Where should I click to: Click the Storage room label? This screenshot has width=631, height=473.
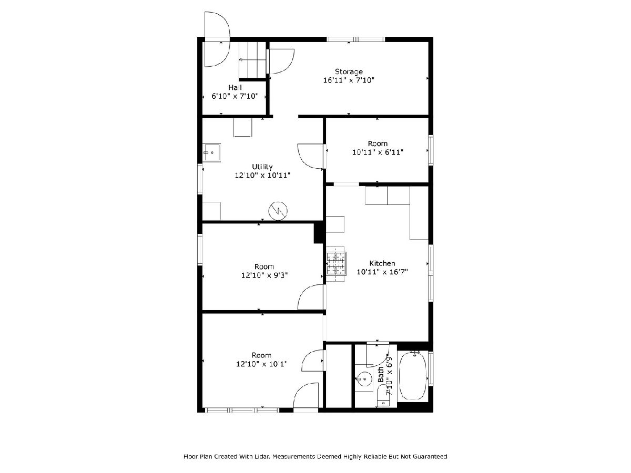(x=349, y=71)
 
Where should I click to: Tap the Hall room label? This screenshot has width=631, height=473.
(x=235, y=87)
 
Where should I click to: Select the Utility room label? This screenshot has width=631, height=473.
(x=262, y=167)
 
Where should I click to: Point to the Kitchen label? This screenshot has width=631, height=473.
(x=382, y=263)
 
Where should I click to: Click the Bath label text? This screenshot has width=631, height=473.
(x=381, y=374)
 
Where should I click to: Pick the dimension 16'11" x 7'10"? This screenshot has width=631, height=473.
(x=349, y=80)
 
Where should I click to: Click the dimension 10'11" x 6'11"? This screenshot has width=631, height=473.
(x=378, y=152)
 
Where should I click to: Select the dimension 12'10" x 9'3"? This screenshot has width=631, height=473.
(x=264, y=275)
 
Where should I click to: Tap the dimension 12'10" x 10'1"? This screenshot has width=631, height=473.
(x=261, y=364)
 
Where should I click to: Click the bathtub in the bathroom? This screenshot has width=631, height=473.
(x=413, y=376)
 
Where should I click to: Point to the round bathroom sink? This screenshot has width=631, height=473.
(x=364, y=379)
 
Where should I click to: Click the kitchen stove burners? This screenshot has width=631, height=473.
(x=336, y=263)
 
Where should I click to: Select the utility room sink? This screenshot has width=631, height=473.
(x=211, y=153)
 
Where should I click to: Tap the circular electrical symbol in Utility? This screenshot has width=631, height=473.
(x=278, y=211)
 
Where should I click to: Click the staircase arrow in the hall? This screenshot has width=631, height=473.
(x=252, y=60)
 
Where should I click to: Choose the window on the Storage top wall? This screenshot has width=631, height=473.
(x=356, y=39)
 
